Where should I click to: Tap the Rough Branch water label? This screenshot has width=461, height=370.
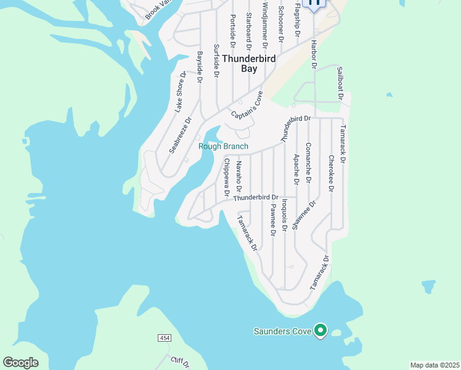pos(223,146)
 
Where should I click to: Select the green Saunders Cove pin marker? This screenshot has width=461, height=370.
pos(320,331)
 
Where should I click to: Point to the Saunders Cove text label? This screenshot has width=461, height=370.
pos(283,331)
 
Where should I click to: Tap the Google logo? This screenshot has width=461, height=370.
pos(20,363)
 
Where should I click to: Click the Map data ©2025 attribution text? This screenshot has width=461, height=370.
pos(435,365)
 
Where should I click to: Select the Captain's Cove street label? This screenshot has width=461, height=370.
pos(248,106)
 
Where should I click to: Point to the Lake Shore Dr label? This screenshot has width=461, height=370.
pos(179,92)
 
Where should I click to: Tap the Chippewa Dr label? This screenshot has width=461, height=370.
pos(226,178)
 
